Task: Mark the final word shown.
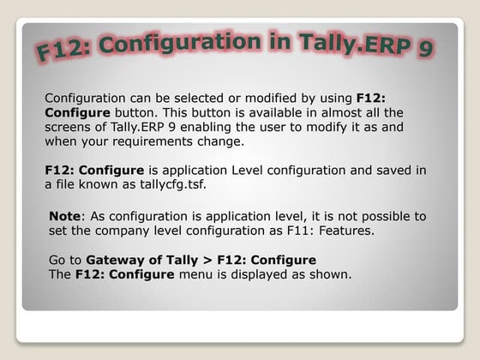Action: (332, 273)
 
